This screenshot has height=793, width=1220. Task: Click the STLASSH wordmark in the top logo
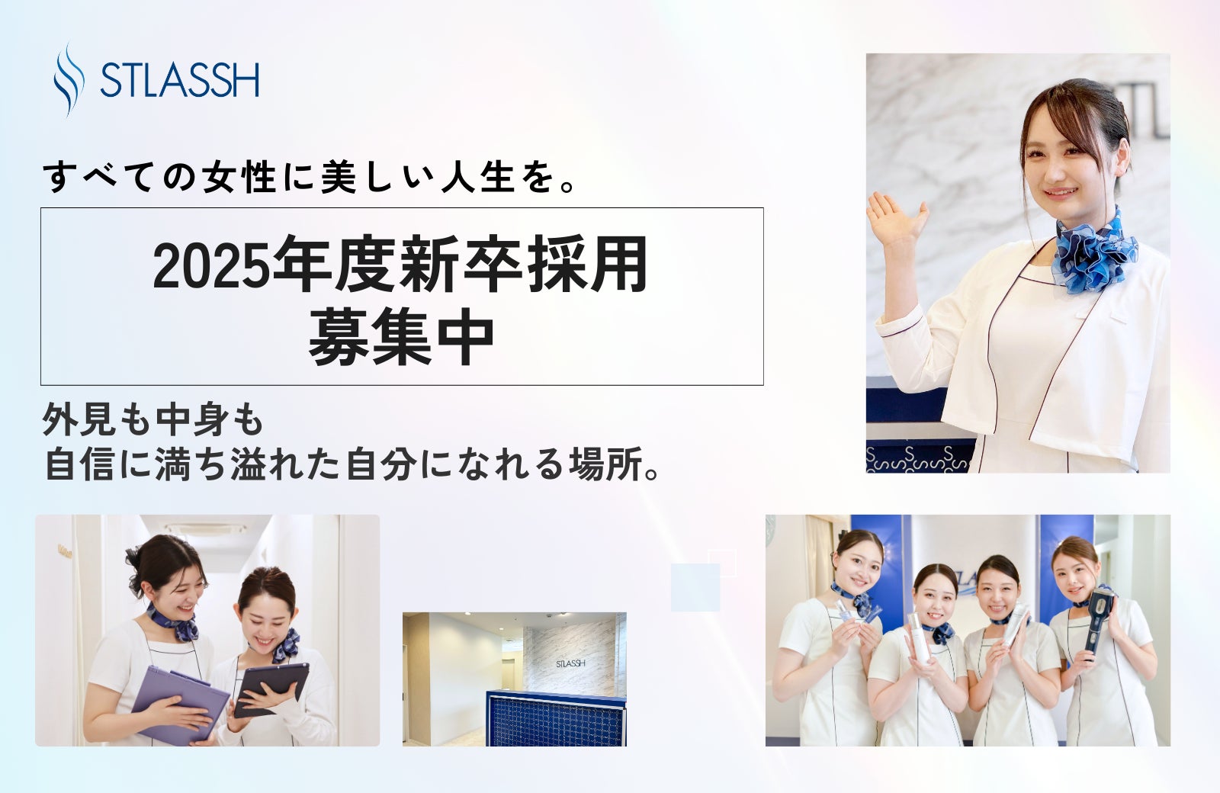180,79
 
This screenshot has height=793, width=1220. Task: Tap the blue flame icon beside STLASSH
69,79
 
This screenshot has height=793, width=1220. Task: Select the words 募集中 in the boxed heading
401,335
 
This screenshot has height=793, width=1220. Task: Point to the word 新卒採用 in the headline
523,265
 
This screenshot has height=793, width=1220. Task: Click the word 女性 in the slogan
239,178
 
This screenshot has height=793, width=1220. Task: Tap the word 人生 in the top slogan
478,178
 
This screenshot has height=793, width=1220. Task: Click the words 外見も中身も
153,420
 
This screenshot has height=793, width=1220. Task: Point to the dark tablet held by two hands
271,688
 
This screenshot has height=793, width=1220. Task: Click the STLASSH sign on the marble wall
571,663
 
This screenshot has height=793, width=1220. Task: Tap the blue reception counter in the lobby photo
556,718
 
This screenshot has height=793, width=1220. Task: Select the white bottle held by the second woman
917,637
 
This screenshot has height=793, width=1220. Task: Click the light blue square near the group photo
695,587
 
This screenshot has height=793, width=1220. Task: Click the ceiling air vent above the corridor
205,528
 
